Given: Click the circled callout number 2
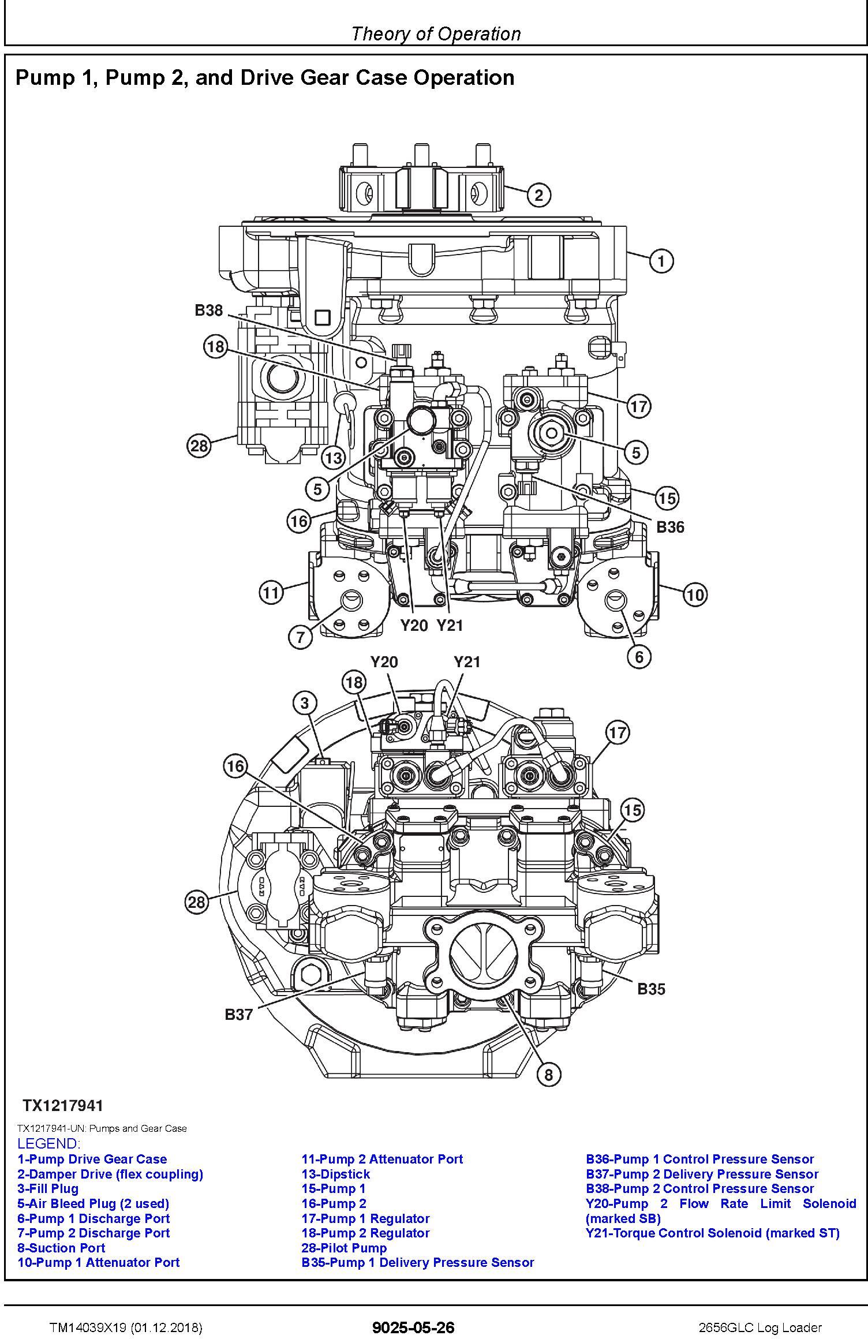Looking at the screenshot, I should click(x=538, y=195).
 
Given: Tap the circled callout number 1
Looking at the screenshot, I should click(x=661, y=261).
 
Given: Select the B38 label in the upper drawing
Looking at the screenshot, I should click(x=208, y=311).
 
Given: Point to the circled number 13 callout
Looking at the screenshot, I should click(x=333, y=458).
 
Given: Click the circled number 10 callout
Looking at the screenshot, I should click(x=695, y=594).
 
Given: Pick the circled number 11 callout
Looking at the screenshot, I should click(x=271, y=592).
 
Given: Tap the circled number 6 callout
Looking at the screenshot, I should click(x=639, y=656).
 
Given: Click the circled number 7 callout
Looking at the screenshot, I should click(x=300, y=637).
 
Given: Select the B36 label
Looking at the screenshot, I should click(x=670, y=526).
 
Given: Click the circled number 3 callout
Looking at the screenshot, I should click(x=305, y=703).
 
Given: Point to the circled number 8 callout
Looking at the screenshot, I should click(x=548, y=1074).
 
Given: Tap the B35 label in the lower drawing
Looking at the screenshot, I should click(x=651, y=989).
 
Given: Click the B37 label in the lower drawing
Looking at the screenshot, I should click(x=239, y=1014).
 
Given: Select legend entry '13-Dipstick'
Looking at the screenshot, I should click(x=335, y=1174).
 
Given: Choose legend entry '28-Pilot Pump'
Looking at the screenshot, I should click(x=344, y=1248).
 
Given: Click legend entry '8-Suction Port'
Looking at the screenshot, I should click(x=61, y=1248).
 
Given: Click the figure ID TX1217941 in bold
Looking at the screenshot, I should click(x=63, y=1105).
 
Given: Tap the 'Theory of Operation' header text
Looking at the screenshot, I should click(x=436, y=34).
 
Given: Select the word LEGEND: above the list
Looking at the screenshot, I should click(x=48, y=1143).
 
